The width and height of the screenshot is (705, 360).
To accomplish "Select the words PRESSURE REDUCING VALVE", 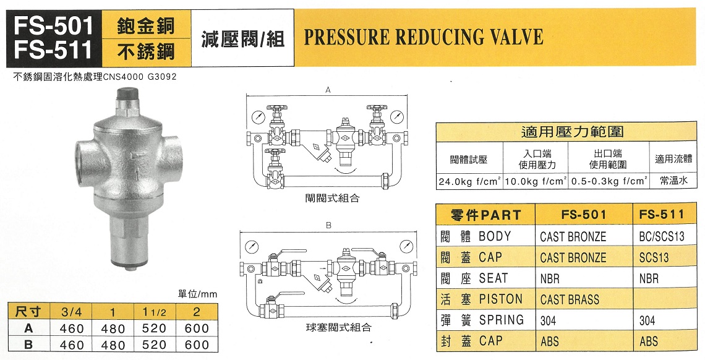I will (x=424, y=37).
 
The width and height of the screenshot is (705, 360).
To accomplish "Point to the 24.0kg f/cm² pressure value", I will (x=468, y=182).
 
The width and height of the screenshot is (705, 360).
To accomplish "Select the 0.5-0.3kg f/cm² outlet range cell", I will (x=608, y=182).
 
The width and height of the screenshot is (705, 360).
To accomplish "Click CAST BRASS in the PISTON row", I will (x=570, y=300).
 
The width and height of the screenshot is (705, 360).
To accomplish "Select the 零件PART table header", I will (x=486, y=215).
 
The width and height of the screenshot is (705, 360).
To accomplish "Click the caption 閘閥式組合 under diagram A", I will (x=332, y=199).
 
